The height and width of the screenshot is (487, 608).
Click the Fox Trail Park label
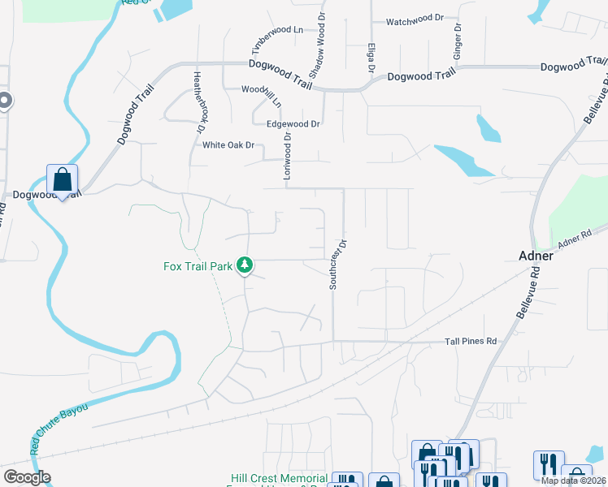(198, 265)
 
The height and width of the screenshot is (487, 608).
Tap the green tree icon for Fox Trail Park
(245, 265)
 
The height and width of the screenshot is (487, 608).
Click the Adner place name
(536, 256)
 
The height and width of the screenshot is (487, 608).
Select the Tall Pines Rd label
(470, 342)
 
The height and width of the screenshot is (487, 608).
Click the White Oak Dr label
(228, 145)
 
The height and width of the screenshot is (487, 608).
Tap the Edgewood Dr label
(293, 124)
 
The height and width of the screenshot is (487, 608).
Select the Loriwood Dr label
(287, 157)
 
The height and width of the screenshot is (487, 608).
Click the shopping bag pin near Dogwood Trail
(62, 180)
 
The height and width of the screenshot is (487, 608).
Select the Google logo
(27, 477)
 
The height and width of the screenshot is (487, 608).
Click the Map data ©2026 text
(573, 481)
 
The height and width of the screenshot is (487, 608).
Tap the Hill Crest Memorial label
(279, 479)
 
